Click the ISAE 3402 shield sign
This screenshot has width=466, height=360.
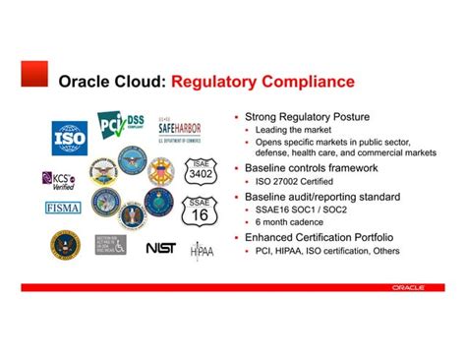pyautogui.click(x=201, y=172)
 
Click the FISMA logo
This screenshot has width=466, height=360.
pyautogui.click(x=64, y=208)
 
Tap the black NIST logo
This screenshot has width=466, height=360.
pyautogui.click(x=159, y=248)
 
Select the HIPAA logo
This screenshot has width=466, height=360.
pyautogui.click(x=201, y=250)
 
